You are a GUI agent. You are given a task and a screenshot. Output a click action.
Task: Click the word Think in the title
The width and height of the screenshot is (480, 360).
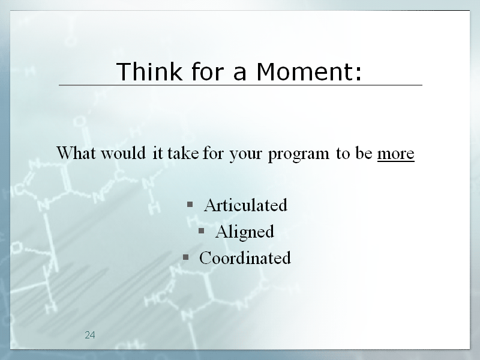[x=149, y=71]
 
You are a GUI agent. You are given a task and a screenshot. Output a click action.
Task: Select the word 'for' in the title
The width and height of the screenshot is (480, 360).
[x=207, y=71]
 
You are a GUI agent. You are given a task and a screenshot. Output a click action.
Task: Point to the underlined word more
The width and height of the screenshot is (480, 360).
[x=396, y=154]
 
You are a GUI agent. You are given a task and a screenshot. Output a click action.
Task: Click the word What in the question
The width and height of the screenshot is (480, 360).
[x=76, y=152]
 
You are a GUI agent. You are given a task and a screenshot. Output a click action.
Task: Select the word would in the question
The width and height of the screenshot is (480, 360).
[x=124, y=152]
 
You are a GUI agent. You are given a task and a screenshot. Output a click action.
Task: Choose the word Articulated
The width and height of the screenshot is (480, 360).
[x=246, y=205]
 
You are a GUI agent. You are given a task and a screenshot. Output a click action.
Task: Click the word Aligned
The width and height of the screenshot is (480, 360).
[x=245, y=232]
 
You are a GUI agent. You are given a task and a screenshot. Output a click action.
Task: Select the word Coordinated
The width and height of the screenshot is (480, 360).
[x=245, y=258]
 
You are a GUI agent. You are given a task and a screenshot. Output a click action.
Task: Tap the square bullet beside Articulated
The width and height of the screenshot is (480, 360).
[x=190, y=204]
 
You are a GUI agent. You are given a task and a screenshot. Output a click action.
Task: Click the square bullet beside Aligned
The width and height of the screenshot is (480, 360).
[x=201, y=230]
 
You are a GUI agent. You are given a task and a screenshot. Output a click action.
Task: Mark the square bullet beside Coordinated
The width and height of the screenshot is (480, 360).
[x=185, y=257]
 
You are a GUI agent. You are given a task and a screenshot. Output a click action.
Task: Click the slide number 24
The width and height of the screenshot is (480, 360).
[x=90, y=335]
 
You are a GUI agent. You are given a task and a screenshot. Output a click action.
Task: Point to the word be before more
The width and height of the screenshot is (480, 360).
[x=364, y=152]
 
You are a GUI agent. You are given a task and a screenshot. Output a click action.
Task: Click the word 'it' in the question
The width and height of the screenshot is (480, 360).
[x=157, y=152]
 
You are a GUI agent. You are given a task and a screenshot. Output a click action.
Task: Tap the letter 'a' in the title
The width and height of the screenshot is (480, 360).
[x=239, y=74]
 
